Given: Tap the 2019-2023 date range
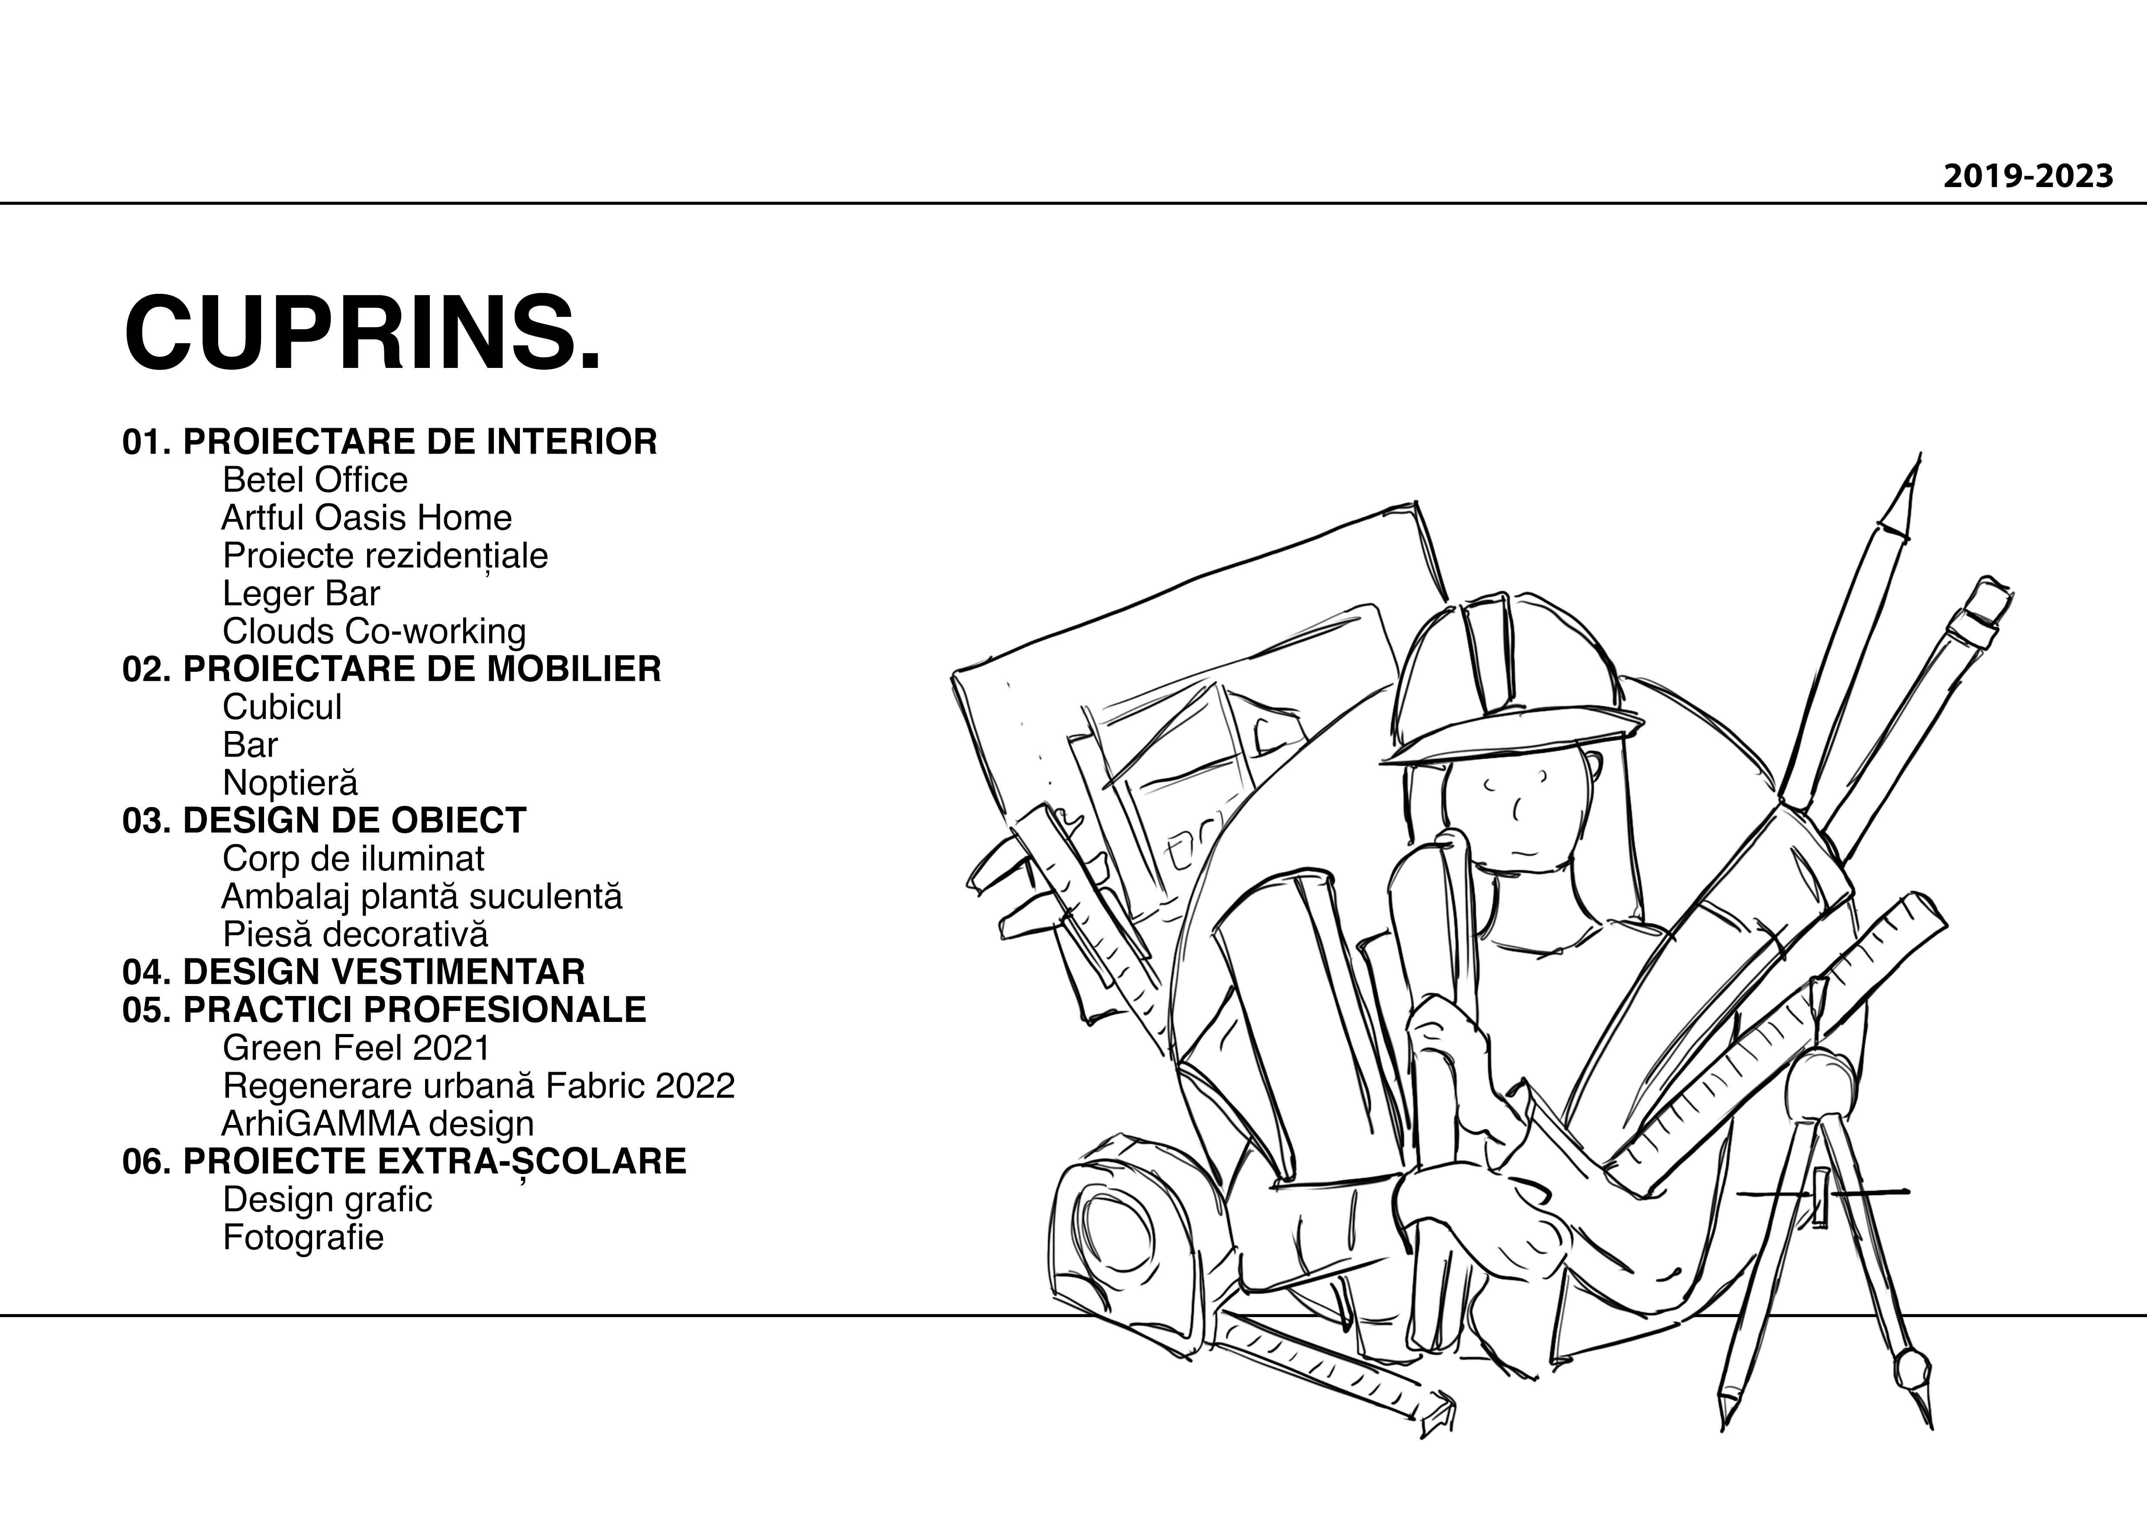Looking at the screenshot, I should coord(2027,176).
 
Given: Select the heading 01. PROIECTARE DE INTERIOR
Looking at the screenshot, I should coord(389,442).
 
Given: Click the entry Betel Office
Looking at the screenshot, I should coord(315,480).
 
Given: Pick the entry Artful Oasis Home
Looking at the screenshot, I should coord(367,517).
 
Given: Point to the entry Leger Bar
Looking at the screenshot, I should coord(301,593).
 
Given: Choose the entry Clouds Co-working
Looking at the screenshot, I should coord(374,632).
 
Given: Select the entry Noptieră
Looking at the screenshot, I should coord(290,783).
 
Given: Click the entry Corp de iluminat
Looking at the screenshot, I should coord(354,859).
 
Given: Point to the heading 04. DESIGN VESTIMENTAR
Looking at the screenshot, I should coord(354,972).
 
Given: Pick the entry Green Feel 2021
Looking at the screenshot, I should coord(356,1047).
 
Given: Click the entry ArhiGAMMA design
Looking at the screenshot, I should coord(378,1123).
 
